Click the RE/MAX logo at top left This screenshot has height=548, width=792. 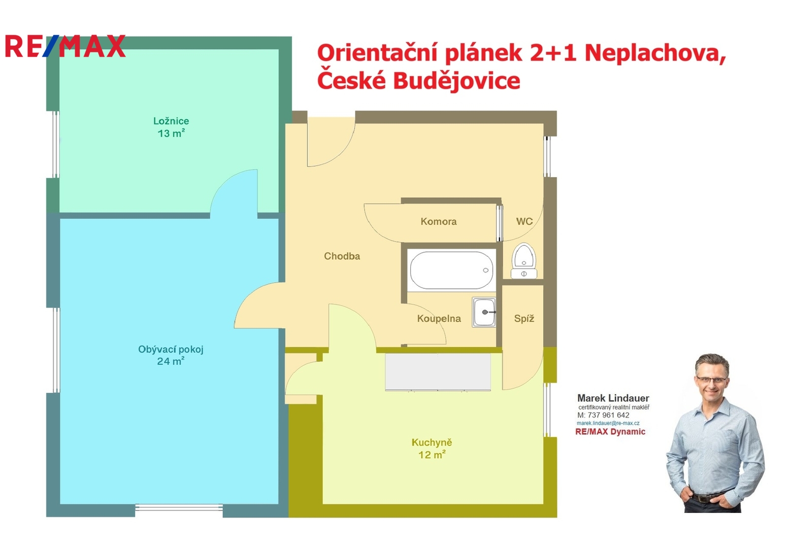pyautogui.click(x=65, y=46)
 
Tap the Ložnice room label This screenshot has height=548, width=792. pyautogui.click(x=171, y=121)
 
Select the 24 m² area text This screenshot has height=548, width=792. pyautogui.click(x=171, y=361)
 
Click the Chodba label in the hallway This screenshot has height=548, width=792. pyautogui.click(x=342, y=256)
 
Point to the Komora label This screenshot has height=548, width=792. pyautogui.click(x=439, y=222)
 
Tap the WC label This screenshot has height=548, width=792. pyautogui.click(x=524, y=222)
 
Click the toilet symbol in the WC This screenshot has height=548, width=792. pyautogui.click(x=524, y=261)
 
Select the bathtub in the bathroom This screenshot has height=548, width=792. pyautogui.click(x=451, y=270)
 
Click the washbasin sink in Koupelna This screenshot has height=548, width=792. pyautogui.click(x=484, y=313)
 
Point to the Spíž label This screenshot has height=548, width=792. pyautogui.click(x=524, y=319)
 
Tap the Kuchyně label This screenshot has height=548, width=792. pyautogui.click(x=432, y=442)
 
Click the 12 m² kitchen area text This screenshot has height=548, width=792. pyautogui.click(x=432, y=455)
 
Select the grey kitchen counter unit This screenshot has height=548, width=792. pyautogui.click(x=438, y=372)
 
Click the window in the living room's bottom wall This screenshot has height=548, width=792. pyautogui.click(x=179, y=508)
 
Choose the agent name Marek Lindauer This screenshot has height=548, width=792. pyautogui.click(x=613, y=398)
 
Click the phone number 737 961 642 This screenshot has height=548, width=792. pyautogui.click(x=609, y=415)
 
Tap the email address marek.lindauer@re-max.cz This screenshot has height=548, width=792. pyautogui.click(x=608, y=423)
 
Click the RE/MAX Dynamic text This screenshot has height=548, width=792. pyautogui.click(x=610, y=432)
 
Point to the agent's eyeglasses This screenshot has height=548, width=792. pyautogui.click(x=711, y=380)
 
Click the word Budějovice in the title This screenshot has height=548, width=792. pyautogui.click(x=456, y=81)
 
